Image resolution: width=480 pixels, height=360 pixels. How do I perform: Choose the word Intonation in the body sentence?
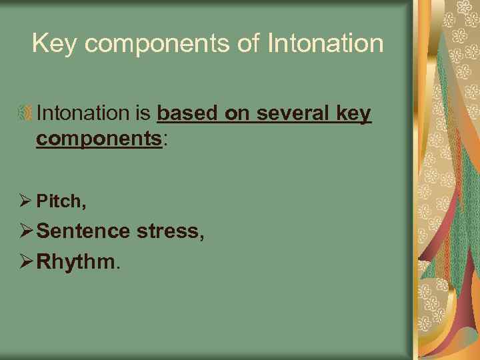pos(83,114)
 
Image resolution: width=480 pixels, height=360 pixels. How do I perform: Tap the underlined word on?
pos(237,114)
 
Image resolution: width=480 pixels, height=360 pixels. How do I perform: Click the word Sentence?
pos(83,231)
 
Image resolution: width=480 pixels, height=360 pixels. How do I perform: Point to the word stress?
pos(169,231)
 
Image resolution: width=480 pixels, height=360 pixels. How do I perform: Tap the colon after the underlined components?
pos(165,140)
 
